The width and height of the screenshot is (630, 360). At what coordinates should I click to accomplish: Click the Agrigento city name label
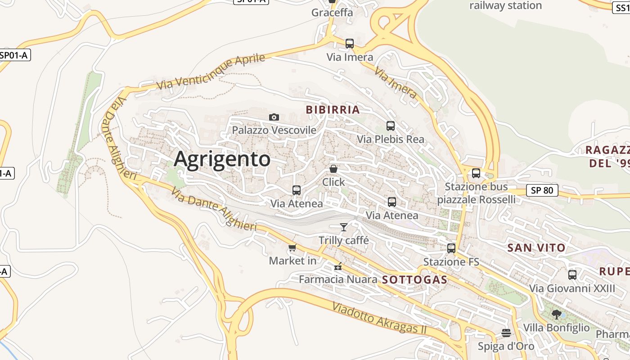222,159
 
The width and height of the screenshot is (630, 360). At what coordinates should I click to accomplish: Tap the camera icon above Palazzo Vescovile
274,117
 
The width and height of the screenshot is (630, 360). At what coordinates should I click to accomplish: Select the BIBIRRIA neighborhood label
333,110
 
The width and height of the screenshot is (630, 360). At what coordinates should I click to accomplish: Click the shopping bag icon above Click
333,169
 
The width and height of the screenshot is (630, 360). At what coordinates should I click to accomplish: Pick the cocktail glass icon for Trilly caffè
344,227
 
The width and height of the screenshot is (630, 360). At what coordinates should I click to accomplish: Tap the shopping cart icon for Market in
292,247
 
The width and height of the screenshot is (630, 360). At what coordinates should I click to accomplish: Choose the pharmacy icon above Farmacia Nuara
338,266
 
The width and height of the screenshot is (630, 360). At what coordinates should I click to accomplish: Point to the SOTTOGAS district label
414,280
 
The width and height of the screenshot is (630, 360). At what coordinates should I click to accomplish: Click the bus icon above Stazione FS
451,248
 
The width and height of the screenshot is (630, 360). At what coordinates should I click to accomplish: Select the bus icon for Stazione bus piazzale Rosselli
476,173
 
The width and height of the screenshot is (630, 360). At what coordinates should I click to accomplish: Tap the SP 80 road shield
542,190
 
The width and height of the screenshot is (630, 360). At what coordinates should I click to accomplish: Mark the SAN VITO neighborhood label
536,247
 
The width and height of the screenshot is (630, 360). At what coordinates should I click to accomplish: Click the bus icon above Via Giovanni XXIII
572,274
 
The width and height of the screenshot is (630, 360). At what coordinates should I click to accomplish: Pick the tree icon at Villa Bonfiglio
557,314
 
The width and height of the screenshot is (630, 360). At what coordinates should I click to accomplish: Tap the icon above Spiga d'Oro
506,333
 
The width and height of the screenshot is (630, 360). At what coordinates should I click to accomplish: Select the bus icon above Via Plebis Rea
391,126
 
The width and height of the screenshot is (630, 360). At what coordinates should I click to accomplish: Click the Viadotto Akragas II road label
379,319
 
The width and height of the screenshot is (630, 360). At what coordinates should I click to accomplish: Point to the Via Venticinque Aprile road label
211,72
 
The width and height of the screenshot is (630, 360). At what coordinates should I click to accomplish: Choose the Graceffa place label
332,13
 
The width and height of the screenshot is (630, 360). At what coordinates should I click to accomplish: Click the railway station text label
505,6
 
